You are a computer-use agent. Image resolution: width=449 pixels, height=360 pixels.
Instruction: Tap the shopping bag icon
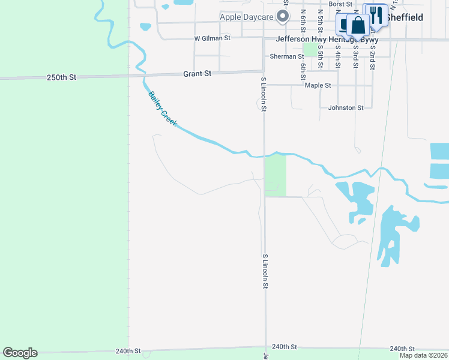[x=358, y=25]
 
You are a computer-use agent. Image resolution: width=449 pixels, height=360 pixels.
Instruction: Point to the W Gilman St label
[x=212, y=38]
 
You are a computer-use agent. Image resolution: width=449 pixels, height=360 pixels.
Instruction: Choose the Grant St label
[x=197, y=74]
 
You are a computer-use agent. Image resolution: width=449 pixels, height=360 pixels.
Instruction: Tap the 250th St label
[x=62, y=77]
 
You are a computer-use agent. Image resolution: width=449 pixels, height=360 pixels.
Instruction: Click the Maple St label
[x=318, y=85]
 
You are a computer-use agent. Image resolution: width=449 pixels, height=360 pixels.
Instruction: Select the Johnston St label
[x=346, y=108]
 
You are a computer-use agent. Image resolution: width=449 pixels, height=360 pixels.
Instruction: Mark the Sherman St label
[x=287, y=56]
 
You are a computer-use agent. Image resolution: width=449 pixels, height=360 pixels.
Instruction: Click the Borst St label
[x=340, y=4]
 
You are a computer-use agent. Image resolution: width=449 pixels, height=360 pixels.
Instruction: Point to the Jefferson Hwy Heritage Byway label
[x=327, y=39]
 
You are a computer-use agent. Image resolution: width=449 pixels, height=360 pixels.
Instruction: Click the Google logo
[x=20, y=353]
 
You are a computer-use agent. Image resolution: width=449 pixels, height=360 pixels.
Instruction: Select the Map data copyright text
[x=424, y=355]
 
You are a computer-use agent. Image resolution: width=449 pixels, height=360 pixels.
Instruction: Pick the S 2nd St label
[x=373, y=58]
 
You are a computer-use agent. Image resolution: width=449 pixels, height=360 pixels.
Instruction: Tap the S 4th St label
[x=338, y=58]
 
